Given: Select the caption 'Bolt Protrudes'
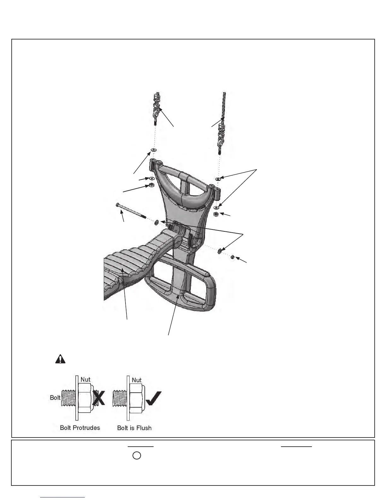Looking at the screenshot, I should [x=80, y=428].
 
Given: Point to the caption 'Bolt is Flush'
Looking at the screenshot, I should [x=134, y=428].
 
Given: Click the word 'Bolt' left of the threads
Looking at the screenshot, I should [x=55, y=397].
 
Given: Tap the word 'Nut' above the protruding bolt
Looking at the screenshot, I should [x=85, y=379].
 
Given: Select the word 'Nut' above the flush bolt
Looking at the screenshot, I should [x=137, y=380].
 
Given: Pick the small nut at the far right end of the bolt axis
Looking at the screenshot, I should [x=232, y=257].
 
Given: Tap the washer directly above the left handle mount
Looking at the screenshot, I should [x=154, y=149].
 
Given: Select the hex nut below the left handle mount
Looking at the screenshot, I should [x=151, y=185].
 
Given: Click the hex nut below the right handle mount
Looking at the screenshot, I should [x=216, y=214].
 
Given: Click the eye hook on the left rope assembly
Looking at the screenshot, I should [x=157, y=112].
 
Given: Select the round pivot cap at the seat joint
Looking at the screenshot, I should [x=177, y=242].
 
